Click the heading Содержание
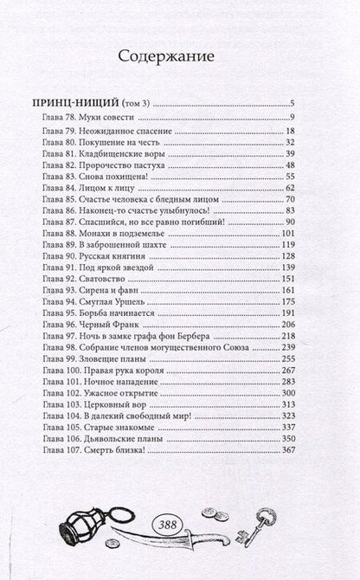(179, 56)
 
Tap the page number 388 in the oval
(179, 524)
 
